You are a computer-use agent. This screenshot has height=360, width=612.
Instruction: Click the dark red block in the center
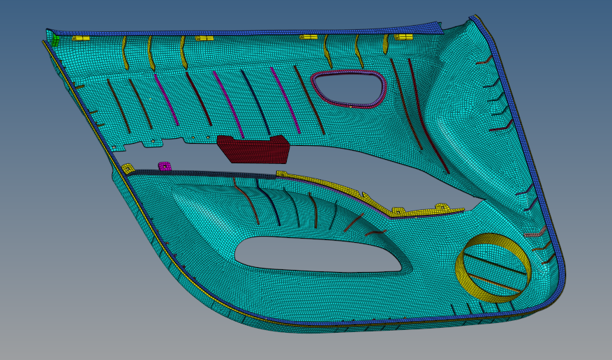253,149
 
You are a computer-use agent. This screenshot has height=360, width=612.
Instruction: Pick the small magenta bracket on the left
165,167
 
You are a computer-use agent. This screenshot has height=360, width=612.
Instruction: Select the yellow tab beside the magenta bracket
128,168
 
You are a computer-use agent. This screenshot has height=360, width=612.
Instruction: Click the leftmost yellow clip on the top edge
82,38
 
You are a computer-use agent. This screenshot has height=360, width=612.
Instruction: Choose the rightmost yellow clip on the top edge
403,36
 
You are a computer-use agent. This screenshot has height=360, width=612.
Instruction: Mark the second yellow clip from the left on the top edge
204,38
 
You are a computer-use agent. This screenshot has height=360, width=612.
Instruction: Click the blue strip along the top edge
244,33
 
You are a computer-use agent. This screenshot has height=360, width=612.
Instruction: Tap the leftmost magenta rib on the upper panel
165,94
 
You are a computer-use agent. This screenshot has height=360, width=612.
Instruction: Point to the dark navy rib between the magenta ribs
255,98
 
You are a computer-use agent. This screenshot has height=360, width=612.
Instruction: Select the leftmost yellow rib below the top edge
125,52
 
